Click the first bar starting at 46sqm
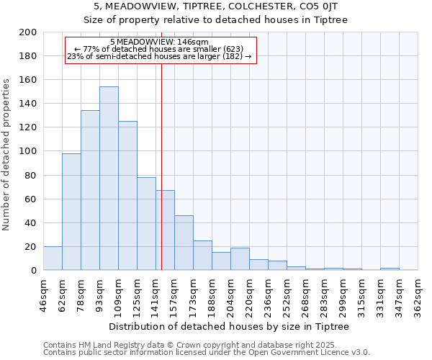point(53,258)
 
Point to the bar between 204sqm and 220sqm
point(240,259)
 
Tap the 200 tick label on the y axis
point(28,32)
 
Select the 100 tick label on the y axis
point(28,151)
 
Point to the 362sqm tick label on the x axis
point(418,296)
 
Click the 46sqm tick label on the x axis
point(44,296)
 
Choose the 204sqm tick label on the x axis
point(231,296)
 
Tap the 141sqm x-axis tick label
point(156,296)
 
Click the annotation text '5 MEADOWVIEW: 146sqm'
point(159,42)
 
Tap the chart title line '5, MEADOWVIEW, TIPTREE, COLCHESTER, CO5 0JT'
point(216,6)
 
